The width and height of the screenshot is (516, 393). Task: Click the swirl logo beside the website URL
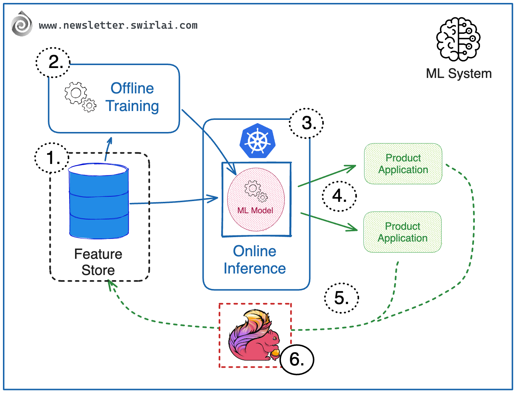[x=22, y=24]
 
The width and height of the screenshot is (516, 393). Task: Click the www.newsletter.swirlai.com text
[x=118, y=25]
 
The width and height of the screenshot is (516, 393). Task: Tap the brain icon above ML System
[x=458, y=39]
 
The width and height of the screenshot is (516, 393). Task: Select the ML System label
[x=459, y=74]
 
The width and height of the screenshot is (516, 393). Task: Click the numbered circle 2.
[x=53, y=62]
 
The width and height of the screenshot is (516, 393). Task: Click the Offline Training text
[x=132, y=97]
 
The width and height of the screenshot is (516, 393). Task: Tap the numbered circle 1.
[x=52, y=158]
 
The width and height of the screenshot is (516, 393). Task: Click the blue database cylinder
[x=99, y=201]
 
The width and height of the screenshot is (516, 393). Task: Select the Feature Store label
[x=98, y=262]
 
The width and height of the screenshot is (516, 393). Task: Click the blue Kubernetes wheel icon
[x=257, y=141]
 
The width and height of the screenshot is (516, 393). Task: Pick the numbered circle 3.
[x=306, y=123]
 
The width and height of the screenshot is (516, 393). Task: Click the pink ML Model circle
[x=256, y=200]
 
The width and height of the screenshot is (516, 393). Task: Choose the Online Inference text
[x=255, y=260]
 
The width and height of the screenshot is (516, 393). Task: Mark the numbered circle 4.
[x=339, y=196]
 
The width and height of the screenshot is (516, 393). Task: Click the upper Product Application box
[x=403, y=164]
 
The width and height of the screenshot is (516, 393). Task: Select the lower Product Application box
[x=402, y=232]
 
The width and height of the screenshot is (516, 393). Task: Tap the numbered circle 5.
[x=341, y=298]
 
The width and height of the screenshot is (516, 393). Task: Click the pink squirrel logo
[x=254, y=336]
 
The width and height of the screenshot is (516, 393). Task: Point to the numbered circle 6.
[x=297, y=359]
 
